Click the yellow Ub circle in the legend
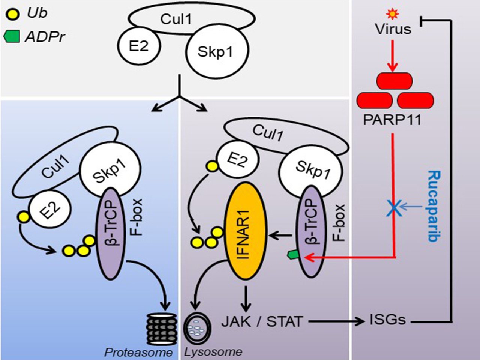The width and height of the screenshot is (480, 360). tap(13, 15)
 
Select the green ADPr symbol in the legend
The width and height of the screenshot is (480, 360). tap(12, 36)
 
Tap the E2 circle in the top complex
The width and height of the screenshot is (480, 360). tap(139, 46)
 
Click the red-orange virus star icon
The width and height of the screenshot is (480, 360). tap(392, 14)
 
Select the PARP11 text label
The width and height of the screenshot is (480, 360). tap(392, 120)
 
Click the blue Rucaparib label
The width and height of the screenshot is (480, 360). tap(434, 206)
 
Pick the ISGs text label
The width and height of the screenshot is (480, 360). tap(388, 320)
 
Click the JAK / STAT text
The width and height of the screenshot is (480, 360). tap(262, 321)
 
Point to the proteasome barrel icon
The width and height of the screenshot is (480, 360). tap(162, 329)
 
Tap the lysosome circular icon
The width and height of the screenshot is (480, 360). tap(198, 327)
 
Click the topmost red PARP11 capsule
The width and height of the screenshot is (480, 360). tap(394, 81)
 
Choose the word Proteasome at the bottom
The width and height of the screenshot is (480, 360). tap(138, 352)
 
